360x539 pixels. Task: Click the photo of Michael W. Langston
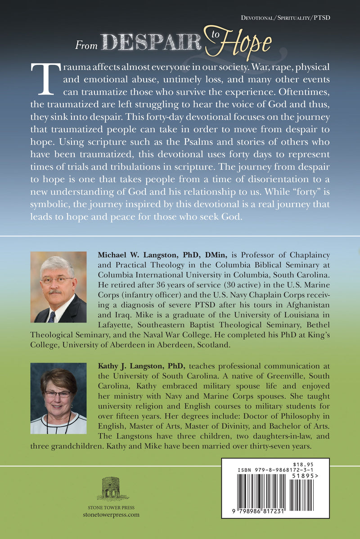tap(58, 287)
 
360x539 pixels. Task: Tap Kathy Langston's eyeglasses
tap(58, 394)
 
